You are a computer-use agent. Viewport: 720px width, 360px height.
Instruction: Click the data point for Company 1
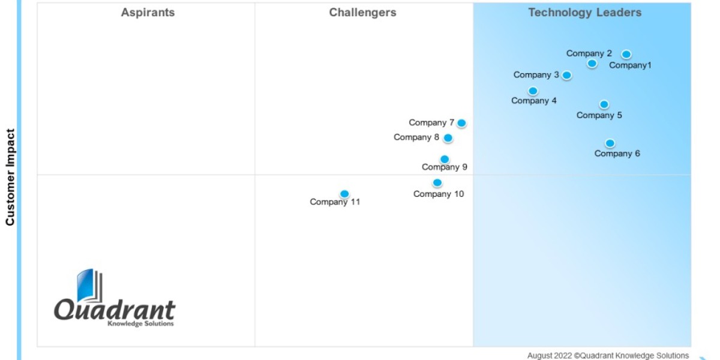tap(626, 55)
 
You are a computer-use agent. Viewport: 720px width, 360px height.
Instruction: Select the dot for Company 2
tap(592, 64)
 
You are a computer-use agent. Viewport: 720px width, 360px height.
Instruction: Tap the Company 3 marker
tap(566, 76)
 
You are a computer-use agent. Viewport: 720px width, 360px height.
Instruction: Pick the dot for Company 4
tap(533, 91)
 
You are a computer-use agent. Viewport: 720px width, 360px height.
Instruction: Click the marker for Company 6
tap(610, 143)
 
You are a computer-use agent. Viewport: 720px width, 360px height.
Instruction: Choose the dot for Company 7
tap(461, 123)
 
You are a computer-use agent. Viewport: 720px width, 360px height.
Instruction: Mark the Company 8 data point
tap(448, 138)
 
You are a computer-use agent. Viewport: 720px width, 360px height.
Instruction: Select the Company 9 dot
tap(445, 160)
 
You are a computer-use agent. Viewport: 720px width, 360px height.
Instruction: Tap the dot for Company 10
tap(437, 183)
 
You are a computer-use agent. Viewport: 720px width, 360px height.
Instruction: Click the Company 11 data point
tap(344, 194)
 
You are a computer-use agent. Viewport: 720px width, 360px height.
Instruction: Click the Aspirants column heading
tap(148, 13)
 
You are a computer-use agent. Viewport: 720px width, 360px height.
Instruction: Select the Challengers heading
tap(362, 13)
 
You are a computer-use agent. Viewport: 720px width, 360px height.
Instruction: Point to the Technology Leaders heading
tap(584, 13)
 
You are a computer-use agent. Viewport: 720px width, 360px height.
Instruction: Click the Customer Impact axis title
tap(10, 177)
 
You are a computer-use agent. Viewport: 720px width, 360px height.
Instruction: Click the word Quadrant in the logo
tap(115, 310)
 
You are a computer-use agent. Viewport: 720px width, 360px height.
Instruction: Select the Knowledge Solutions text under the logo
tap(140, 324)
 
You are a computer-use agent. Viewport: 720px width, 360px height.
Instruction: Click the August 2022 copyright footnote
tap(608, 356)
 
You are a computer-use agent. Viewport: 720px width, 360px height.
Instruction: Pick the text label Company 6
tap(617, 154)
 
